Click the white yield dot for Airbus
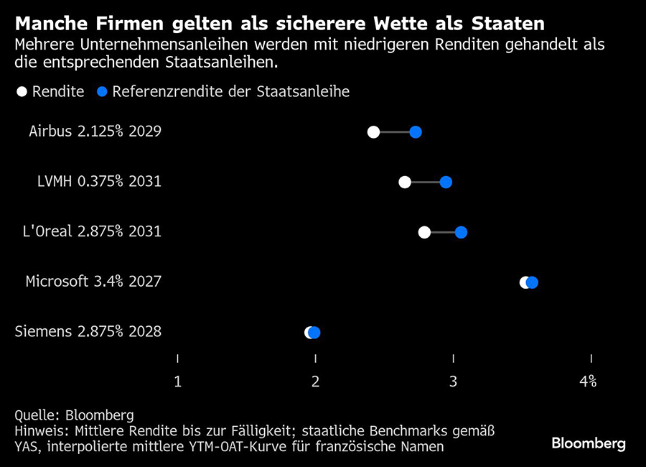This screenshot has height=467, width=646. [373, 131]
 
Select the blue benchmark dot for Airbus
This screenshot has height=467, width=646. [415, 131]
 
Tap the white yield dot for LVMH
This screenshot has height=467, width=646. [405, 182]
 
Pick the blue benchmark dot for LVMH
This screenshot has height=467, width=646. [446, 182]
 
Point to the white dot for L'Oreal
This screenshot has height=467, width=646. [424, 232]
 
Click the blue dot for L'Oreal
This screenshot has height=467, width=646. [461, 232]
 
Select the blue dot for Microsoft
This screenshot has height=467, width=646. [532, 282]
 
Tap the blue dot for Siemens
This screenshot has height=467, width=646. [314, 332]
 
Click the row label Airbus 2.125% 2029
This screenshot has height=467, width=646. [95, 131]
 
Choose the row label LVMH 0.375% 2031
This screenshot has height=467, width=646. [99, 182]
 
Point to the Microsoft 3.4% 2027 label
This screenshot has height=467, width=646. [93, 282]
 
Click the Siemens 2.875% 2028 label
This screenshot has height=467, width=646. [88, 332]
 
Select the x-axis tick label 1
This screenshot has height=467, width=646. [177, 382]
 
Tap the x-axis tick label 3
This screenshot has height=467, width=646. [453, 382]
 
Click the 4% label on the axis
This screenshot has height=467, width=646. [589, 382]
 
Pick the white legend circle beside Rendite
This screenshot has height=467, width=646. [22, 92]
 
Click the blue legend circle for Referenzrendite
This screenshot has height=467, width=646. [103, 92]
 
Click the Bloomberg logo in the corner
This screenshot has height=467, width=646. [588, 443]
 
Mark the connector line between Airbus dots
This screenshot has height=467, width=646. [394, 131]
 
